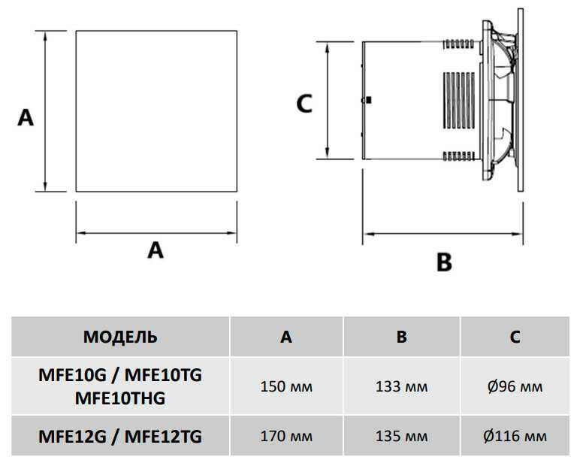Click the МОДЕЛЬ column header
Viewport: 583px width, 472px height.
(120, 337)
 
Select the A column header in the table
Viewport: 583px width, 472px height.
(286, 337)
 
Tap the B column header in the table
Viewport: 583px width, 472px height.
(401, 337)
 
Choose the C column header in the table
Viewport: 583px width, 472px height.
(515, 337)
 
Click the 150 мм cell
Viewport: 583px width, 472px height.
(286, 386)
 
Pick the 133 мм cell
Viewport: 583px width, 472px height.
(401, 386)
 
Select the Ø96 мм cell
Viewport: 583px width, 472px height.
(515, 386)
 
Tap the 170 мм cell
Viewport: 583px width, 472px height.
(286, 436)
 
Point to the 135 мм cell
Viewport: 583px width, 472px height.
(401, 436)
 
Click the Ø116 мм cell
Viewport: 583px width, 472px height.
(515, 436)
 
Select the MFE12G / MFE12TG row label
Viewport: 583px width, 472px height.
(120, 436)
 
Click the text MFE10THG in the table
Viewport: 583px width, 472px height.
(120, 398)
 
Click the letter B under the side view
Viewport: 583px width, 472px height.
(444, 262)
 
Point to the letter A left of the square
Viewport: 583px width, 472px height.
(26, 117)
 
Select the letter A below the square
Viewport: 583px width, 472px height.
(156, 250)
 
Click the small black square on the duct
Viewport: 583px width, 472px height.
(368, 100)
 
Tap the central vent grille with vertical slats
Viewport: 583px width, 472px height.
(459, 101)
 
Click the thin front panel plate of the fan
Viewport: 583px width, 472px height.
(521, 100)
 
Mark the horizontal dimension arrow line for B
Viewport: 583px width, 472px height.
(443, 234)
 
